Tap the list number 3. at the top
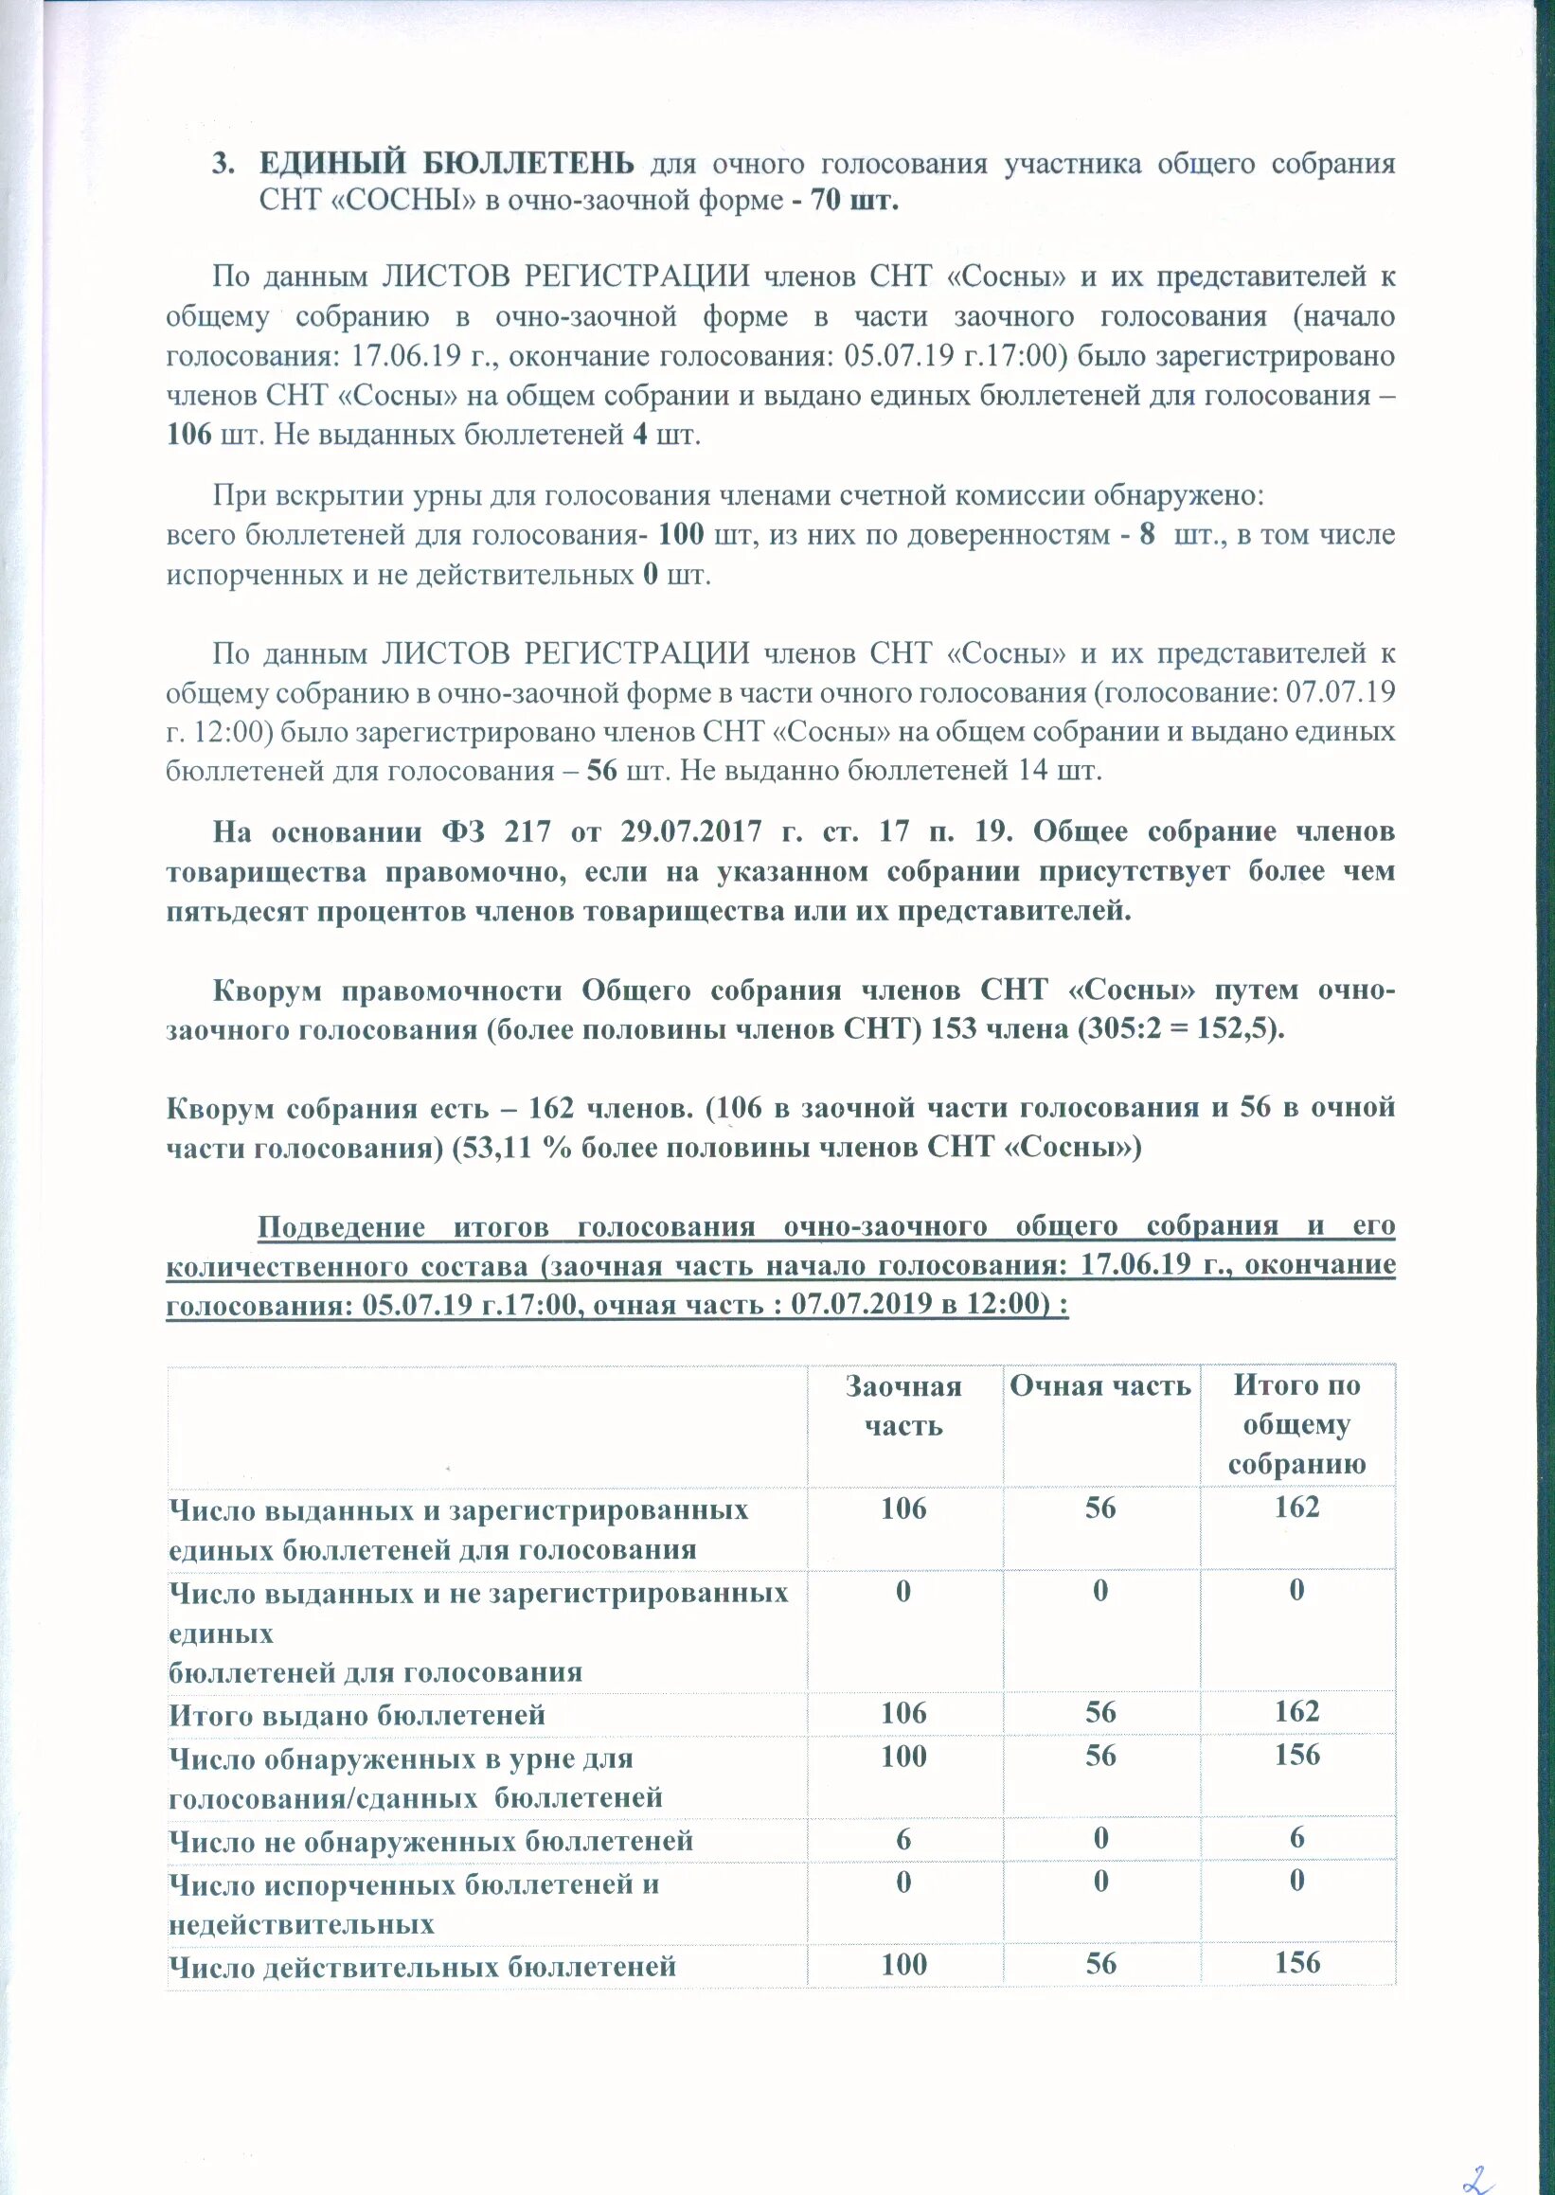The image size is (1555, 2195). coord(223,164)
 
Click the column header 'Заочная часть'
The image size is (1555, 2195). coord(903,1406)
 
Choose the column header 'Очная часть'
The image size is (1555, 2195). coord(1100,1386)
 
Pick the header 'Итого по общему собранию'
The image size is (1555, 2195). coord(1296,1424)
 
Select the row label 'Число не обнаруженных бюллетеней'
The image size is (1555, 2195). coord(430,1841)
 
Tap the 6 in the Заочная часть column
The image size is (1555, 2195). coord(903,1839)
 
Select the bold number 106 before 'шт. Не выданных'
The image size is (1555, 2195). coord(188,435)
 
